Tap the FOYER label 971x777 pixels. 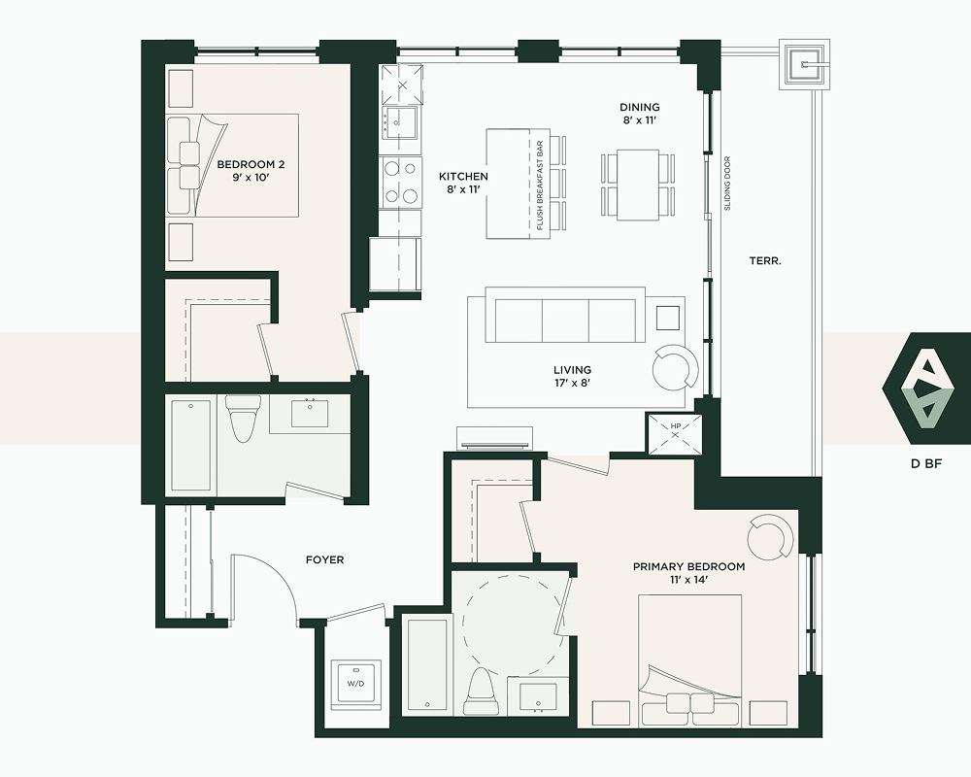[325, 560]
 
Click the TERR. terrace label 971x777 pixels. [765, 261]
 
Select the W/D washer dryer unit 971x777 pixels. [355, 686]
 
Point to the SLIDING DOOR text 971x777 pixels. [727, 183]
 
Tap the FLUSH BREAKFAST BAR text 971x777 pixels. [540, 186]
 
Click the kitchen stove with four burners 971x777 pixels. [401, 183]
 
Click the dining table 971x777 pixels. [638, 185]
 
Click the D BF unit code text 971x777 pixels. [927, 463]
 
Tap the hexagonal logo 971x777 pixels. [926, 388]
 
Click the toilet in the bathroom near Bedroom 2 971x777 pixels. [242, 419]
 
